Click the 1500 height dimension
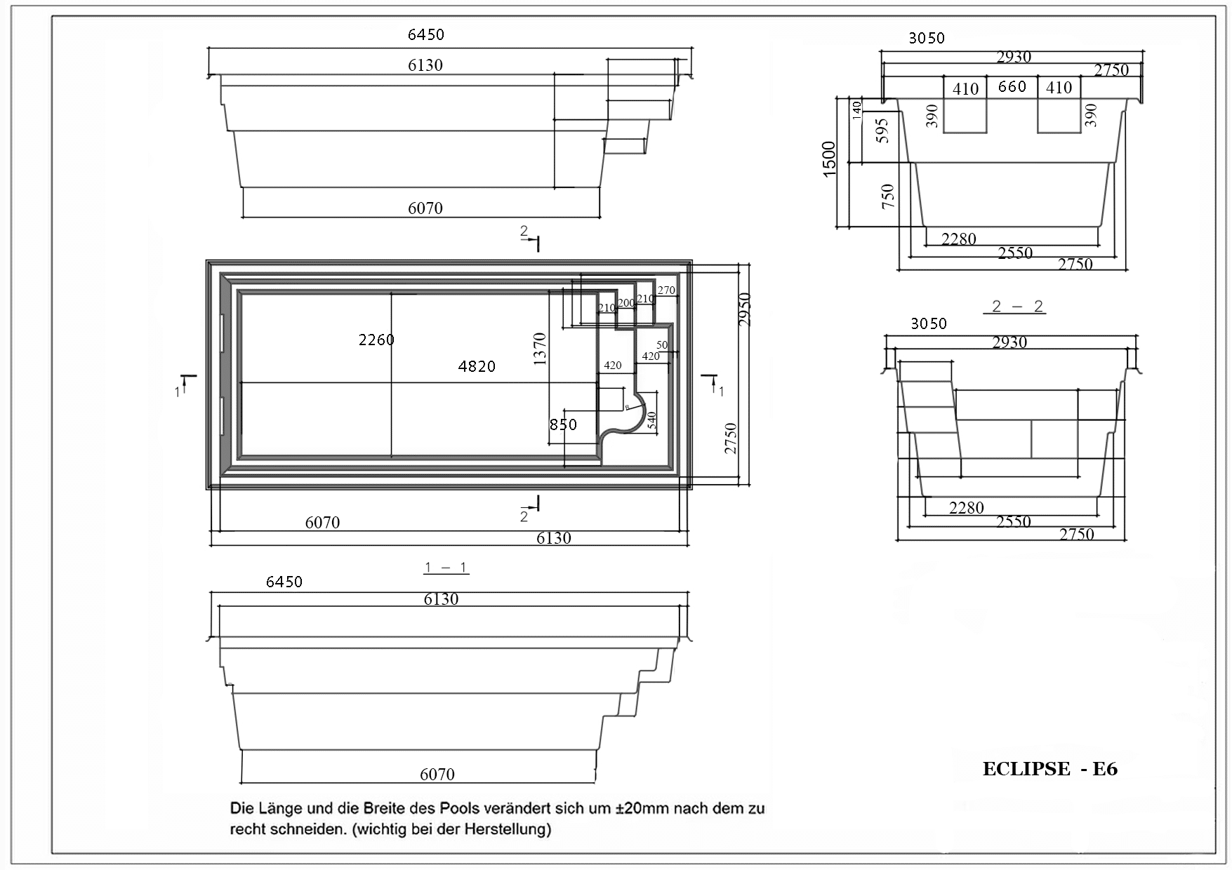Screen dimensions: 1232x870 (830, 159)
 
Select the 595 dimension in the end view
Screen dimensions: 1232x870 (882, 130)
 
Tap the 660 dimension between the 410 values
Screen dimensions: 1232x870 (1012, 86)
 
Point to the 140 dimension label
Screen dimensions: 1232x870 (856, 111)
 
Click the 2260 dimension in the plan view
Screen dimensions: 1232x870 (376, 340)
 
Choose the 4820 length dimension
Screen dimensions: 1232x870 (477, 366)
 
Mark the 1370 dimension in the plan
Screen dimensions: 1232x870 (540, 349)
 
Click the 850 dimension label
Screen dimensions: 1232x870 (563, 424)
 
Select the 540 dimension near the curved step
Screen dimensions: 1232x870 (651, 420)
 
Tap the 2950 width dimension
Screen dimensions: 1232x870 (746, 309)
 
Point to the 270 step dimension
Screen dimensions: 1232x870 (666, 290)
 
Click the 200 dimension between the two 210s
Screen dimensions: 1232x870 (625, 303)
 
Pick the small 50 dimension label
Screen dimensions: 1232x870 (662, 345)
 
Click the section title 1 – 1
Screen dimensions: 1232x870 (446, 568)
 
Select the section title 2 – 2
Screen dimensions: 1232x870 (1018, 306)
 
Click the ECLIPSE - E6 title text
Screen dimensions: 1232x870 (1050, 769)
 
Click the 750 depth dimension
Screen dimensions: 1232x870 (888, 196)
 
